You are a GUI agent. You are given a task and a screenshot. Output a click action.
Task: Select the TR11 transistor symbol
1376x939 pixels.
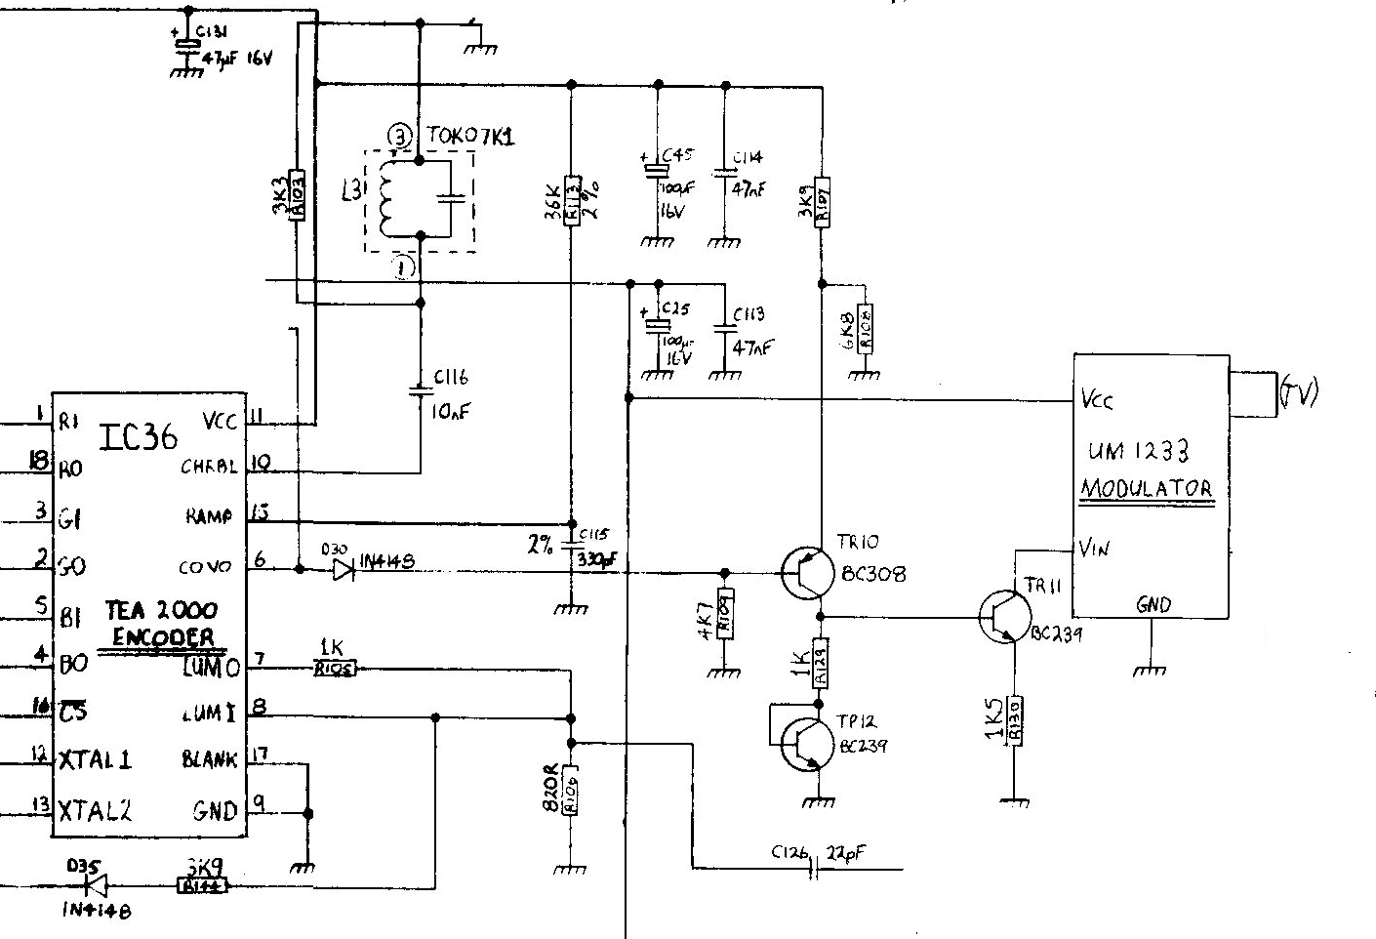tap(1004, 617)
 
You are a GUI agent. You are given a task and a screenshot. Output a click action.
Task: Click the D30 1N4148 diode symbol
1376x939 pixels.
tap(343, 571)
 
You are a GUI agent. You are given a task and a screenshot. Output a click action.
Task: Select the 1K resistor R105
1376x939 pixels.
tap(335, 669)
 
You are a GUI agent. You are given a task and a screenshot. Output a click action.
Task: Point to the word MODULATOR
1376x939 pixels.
tap(1146, 489)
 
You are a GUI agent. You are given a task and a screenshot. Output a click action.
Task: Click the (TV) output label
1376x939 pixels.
tap(1298, 392)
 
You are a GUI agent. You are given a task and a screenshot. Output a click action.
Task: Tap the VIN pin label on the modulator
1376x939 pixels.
tap(1094, 549)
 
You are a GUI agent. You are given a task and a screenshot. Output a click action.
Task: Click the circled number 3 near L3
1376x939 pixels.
tap(398, 138)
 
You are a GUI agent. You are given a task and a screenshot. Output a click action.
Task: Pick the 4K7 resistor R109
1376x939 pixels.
tap(723, 614)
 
